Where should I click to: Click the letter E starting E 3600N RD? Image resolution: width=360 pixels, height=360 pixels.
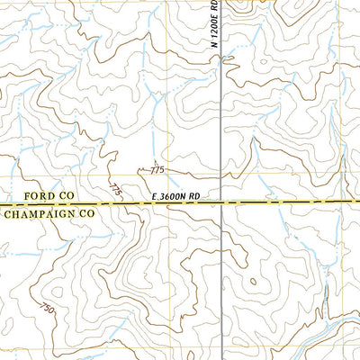click(x=146, y=194)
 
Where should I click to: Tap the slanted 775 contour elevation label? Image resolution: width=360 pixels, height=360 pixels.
click(x=115, y=189)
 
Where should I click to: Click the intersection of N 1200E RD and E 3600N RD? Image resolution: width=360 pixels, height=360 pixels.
click(x=222, y=204)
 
